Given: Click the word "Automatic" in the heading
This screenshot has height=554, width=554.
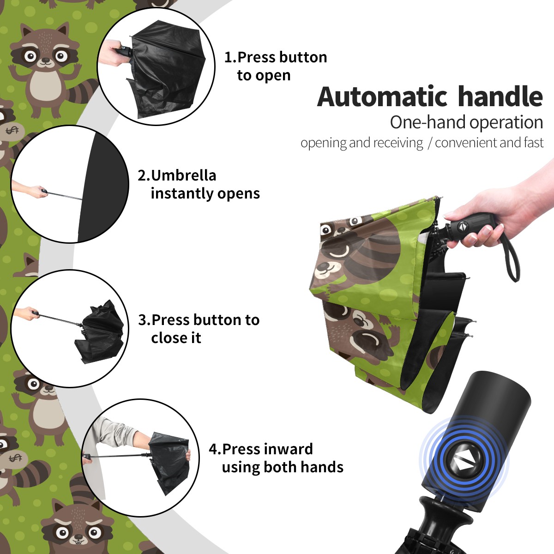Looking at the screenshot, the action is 382,96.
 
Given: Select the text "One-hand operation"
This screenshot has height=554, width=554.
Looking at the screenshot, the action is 466,122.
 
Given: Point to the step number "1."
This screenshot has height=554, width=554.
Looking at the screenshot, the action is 230,57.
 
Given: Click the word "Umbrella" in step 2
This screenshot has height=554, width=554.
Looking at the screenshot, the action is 183,175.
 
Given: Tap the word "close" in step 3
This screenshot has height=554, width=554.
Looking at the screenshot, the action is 168,337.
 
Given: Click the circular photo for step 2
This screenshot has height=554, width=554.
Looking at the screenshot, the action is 70,184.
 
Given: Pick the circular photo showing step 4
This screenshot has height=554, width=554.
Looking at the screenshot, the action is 140,458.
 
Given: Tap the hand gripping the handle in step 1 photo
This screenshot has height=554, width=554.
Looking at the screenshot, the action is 113,53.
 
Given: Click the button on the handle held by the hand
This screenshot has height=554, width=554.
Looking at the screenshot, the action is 462,226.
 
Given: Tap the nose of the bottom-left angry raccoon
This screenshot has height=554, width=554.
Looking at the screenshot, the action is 78,537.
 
